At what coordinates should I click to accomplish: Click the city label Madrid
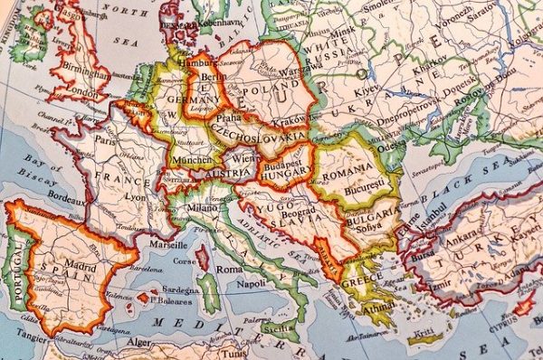[x=80, y=267]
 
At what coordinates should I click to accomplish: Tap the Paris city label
[x=106, y=140]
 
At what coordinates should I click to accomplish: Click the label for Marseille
[x=168, y=244]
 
